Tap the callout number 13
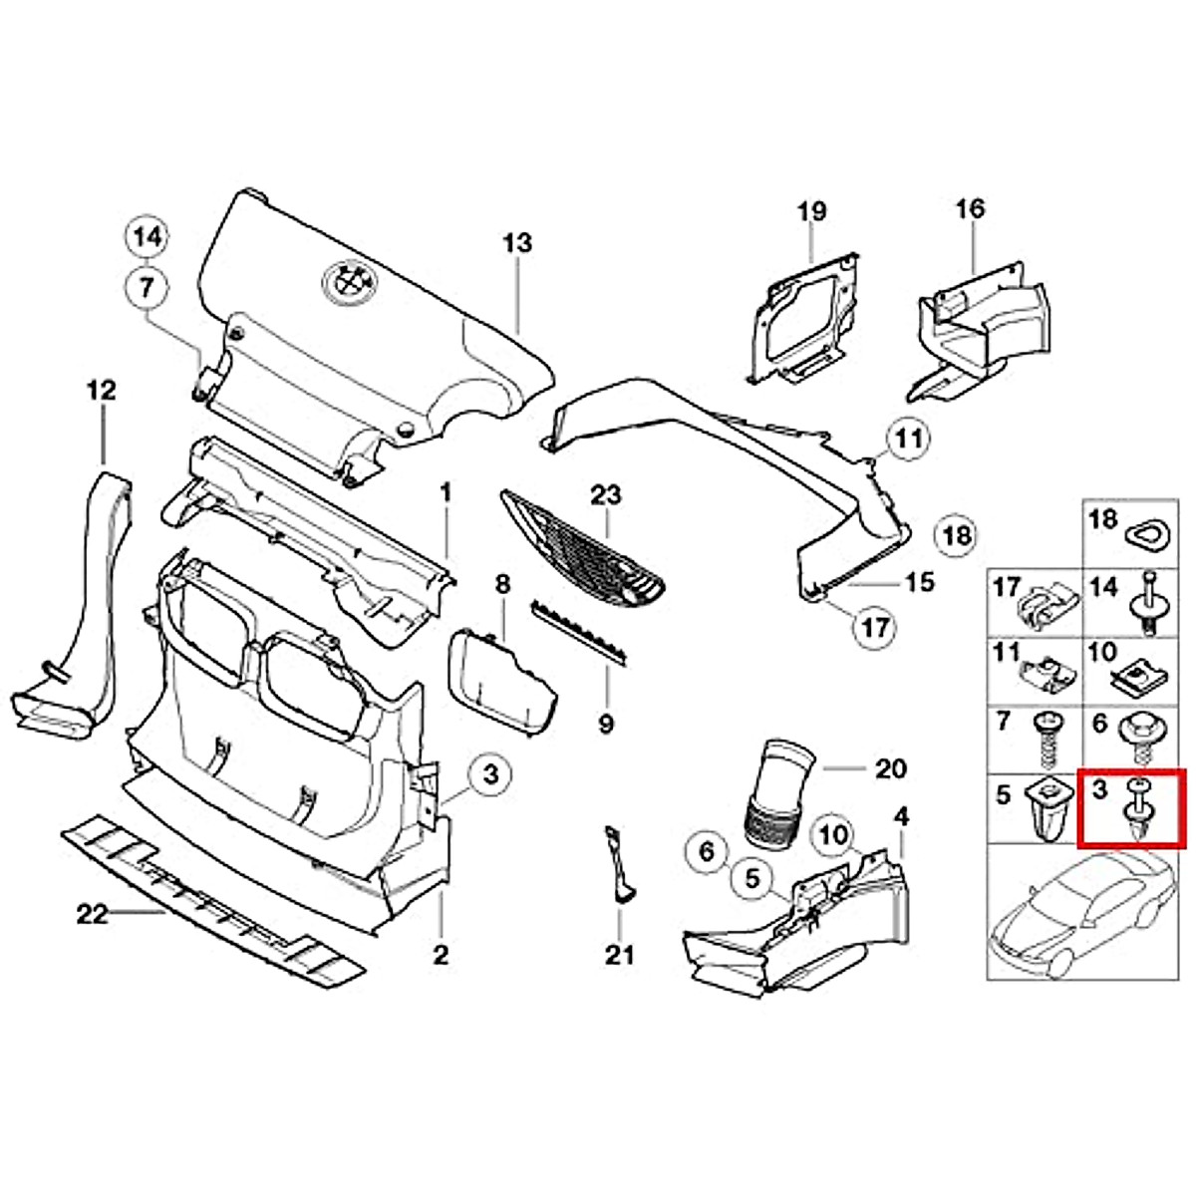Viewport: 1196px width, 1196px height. (517, 243)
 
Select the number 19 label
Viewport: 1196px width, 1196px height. (811, 211)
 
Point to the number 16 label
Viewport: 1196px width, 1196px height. (970, 209)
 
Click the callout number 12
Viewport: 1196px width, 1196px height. (102, 390)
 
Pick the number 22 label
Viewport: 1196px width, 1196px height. (92, 913)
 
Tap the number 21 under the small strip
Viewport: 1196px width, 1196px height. (619, 955)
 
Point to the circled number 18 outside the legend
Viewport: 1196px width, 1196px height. (957, 536)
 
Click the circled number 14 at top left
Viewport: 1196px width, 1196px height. (148, 237)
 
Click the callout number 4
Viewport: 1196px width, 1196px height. (901, 817)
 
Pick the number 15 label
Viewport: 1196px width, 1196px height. (919, 581)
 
